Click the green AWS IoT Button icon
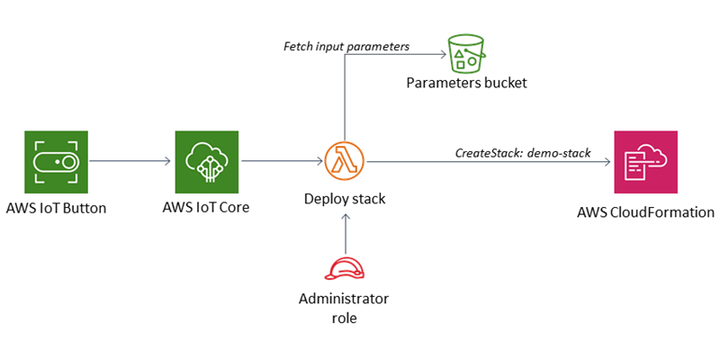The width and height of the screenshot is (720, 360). (55, 162)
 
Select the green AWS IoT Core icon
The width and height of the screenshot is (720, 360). (206, 162)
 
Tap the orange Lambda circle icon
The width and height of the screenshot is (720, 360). (345, 162)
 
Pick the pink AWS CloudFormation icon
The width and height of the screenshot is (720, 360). (645, 162)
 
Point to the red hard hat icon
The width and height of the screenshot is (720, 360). (345, 269)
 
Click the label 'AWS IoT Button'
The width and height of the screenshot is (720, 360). (55, 208)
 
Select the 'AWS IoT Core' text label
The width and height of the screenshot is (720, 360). (206, 208)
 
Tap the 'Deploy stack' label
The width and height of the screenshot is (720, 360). (345, 198)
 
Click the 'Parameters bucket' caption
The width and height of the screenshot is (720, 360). (465, 83)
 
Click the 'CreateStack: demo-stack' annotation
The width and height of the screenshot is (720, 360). (523, 153)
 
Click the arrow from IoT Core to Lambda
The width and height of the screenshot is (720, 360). (281, 162)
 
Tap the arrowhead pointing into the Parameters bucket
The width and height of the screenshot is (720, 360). (443, 56)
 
